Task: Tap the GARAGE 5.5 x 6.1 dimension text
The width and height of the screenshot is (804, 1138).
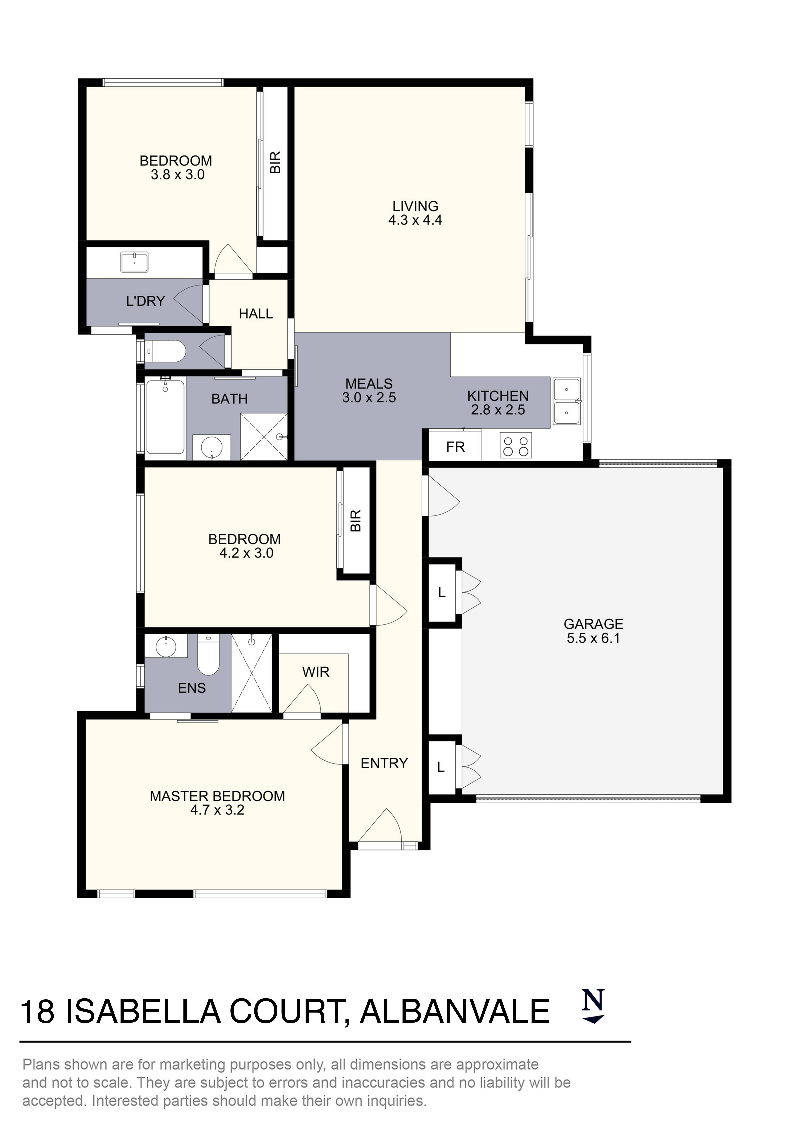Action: pyautogui.click(x=593, y=638)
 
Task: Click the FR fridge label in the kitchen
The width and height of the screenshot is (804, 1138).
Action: pyautogui.click(x=455, y=447)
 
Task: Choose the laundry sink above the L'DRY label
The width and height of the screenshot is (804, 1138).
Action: pyautogui.click(x=134, y=262)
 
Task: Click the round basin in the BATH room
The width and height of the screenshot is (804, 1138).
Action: pyautogui.click(x=212, y=448)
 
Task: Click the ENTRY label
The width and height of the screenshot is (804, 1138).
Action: pyautogui.click(x=384, y=763)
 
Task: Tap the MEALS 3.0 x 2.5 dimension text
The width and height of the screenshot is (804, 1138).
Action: pyautogui.click(x=369, y=397)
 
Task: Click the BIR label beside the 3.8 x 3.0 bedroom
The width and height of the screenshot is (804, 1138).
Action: pyautogui.click(x=275, y=163)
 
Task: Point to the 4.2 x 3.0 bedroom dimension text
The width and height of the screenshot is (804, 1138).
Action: pyautogui.click(x=246, y=553)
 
